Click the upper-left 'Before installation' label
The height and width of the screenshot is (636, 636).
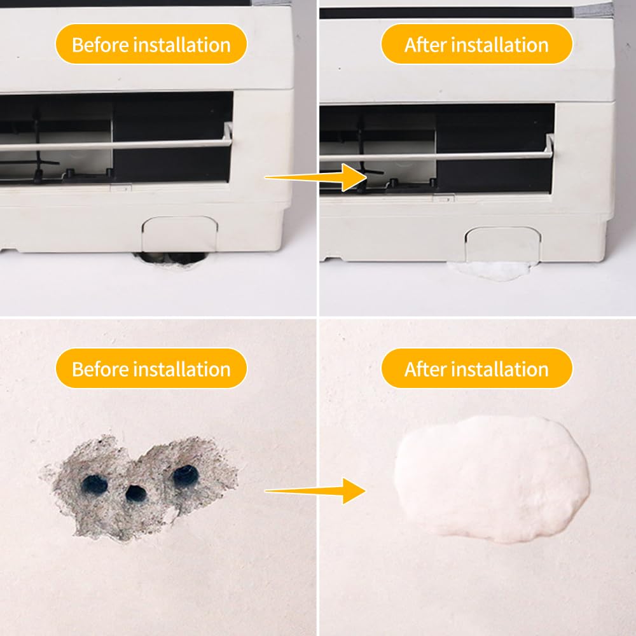click(151, 45)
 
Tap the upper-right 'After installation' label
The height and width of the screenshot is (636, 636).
click(476, 45)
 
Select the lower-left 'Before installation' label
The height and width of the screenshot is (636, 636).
click(151, 369)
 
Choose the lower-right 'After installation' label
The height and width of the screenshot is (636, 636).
click(476, 369)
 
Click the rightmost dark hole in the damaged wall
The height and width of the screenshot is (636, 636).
click(185, 474)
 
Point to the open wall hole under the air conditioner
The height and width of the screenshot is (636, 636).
click(169, 258)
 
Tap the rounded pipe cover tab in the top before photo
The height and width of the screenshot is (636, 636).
click(179, 233)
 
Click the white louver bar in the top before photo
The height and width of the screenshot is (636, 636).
click(114, 144)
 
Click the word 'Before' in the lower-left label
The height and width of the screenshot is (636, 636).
click(102, 369)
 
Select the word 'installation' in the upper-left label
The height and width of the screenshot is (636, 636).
click(183, 45)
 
